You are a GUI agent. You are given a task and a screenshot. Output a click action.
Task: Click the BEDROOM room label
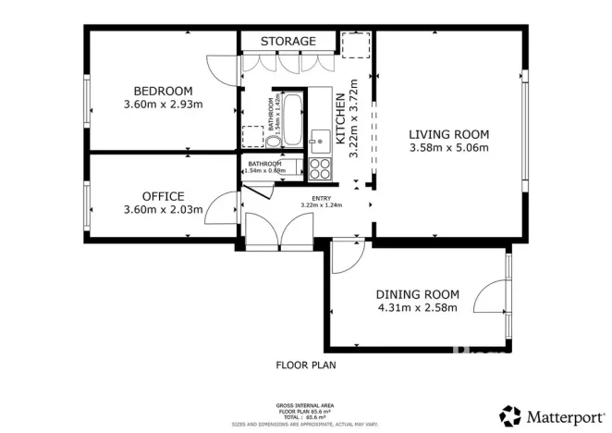163,91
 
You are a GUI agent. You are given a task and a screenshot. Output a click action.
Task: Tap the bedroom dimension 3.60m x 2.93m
163,105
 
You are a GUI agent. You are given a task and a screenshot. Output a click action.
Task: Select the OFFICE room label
163,196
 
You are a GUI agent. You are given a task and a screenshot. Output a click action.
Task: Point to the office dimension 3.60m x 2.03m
163,210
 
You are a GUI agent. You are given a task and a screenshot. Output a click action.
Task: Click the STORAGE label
288,42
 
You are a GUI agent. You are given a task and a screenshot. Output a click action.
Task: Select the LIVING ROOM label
448,133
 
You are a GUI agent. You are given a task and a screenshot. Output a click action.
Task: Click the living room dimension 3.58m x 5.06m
448,147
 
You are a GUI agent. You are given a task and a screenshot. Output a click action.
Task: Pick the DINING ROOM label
416,294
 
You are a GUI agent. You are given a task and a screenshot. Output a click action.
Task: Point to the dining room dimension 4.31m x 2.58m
416,308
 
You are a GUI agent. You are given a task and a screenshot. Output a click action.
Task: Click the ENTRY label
321,197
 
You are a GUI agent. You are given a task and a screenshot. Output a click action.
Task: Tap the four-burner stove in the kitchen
320,168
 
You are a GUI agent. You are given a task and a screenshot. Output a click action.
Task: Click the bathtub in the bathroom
291,118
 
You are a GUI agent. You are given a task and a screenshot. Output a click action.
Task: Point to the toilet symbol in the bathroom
249,140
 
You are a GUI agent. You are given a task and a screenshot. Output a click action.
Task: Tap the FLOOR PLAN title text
306,365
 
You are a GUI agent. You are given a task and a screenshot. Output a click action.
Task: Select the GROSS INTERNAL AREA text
306,405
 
